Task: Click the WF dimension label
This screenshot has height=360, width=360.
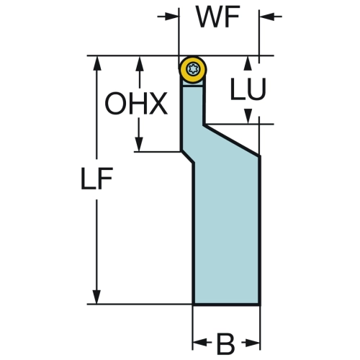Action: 218,17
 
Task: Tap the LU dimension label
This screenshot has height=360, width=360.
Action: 248,89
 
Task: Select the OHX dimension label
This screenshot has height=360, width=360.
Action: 136,104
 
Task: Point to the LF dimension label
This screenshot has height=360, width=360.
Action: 96,179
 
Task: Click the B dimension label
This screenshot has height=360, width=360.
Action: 226,343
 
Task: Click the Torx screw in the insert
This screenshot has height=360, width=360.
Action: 193,69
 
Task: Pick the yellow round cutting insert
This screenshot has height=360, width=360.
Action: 193,69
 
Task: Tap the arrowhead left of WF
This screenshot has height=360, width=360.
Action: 171,17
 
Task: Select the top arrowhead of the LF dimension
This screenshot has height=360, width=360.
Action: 96,63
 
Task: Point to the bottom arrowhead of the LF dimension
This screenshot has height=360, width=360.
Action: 96,297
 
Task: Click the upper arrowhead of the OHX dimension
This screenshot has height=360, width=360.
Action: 140,63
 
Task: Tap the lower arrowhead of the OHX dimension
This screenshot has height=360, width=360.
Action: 139,144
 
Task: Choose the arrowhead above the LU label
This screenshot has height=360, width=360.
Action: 248,63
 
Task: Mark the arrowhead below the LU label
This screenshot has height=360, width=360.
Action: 248,117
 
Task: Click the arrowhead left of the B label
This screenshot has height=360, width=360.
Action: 200,343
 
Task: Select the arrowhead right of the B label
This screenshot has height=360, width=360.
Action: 253,343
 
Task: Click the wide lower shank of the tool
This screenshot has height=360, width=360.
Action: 226,230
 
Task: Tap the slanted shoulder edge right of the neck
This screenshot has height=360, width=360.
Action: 232,140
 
